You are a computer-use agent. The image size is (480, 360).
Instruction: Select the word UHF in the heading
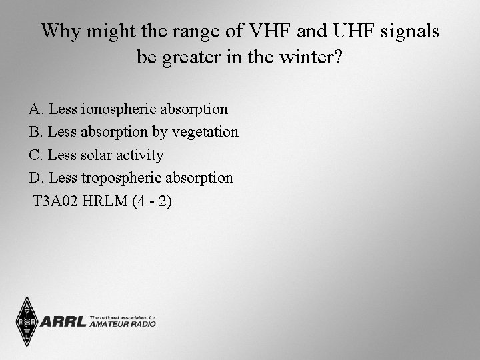click(x=331, y=31)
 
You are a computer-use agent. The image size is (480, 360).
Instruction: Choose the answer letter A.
click(x=34, y=109)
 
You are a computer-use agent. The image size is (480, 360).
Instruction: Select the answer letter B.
click(x=34, y=132)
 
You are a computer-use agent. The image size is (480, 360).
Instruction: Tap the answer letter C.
click(x=34, y=155)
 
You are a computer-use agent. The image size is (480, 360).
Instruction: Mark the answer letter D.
click(x=34, y=178)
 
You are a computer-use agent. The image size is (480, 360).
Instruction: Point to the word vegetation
click(x=205, y=132)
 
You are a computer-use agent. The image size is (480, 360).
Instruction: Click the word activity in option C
click(x=139, y=155)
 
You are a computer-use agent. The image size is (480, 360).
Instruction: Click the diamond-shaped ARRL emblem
click(x=26, y=322)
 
